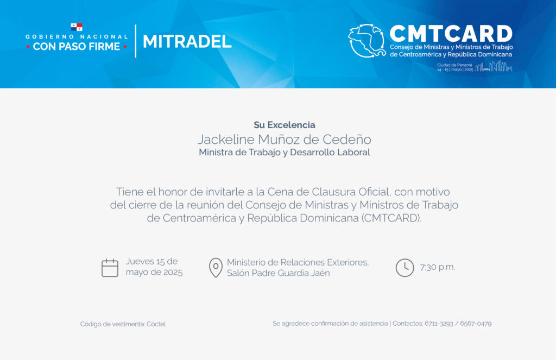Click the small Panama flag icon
pos(77,27)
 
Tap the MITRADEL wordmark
pos(187,41)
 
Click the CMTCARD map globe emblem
pos(367,41)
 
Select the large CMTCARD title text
pos(451,34)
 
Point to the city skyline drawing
pos(494,66)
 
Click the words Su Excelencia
pos(285,125)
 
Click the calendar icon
pos(110,268)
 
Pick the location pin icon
pos(216,268)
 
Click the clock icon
pos(405,268)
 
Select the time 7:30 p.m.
pos(438,267)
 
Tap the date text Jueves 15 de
pos(152,261)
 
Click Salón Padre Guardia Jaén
pos(279,273)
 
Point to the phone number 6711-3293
pos(439,324)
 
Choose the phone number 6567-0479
pos(476,324)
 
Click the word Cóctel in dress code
pos(156,324)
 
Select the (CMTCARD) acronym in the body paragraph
pos(391,218)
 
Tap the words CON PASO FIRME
pos(77,47)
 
